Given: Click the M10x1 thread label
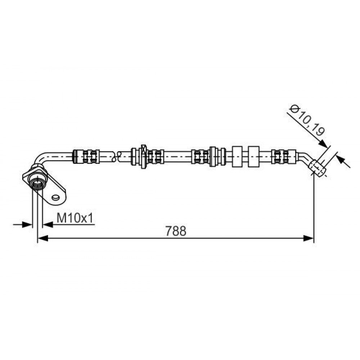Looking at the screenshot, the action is click(75, 218).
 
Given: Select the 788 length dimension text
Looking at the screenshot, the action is click(176, 231).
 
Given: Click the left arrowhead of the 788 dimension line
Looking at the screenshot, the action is click(43, 238).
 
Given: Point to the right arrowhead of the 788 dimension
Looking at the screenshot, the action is click(309, 238).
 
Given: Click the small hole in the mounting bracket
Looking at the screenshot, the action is click(56, 197).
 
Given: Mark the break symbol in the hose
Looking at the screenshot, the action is click(116, 156).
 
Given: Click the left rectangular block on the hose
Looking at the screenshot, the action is click(238, 156).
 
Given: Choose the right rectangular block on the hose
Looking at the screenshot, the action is click(253, 156).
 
